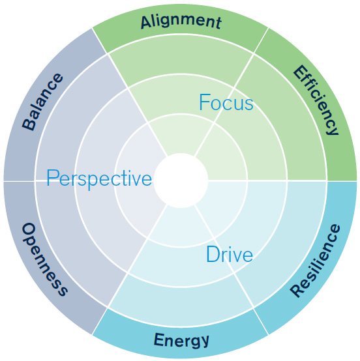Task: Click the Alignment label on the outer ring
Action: (181, 22)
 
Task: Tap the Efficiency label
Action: (316, 100)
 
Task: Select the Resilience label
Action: (315, 261)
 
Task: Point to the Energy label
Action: (181, 340)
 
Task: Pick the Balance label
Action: (42, 102)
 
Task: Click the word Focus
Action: (226, 102)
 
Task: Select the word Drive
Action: (230, 254)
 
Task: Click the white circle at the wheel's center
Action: (181, 180)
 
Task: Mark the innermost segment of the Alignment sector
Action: (181, 134)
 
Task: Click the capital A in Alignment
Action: (147, 23)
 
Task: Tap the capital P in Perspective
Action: (52, 177)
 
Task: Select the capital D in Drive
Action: (213, 253)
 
